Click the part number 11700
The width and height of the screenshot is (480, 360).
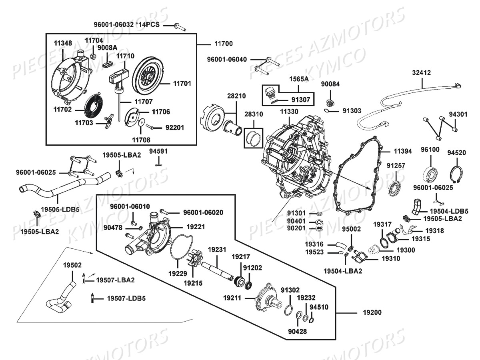(222, 43)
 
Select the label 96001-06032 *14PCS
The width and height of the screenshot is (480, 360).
(126, 25)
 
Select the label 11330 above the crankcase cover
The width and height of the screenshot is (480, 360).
(289, 111)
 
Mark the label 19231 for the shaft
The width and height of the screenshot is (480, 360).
(218, 249)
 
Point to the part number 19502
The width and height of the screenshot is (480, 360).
(72, 265)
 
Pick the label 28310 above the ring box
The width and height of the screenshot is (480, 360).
(254, 114)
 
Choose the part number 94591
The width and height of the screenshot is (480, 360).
(158, 151)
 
